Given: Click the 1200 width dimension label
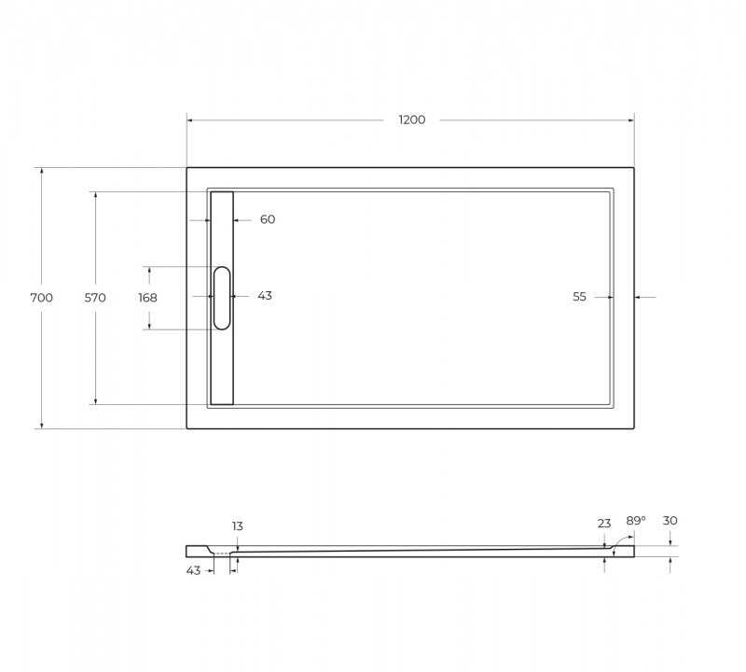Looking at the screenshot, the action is click(x=412, y=119).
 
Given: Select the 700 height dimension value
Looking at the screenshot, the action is click(x=41, y=298).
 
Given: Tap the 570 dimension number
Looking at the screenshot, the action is click(x=95, y=298).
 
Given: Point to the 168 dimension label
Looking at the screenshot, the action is click(x=147, y=298).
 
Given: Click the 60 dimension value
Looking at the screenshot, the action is click(x=268, y=219).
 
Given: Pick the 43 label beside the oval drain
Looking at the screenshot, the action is click(x=265, y=296).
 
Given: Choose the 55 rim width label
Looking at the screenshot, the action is click(x=579, y=297).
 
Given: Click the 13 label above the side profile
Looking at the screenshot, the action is click(x=238, y=525).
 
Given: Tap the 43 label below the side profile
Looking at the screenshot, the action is click(x=193, y=570).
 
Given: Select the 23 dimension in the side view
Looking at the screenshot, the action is click(x=604, y=524).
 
